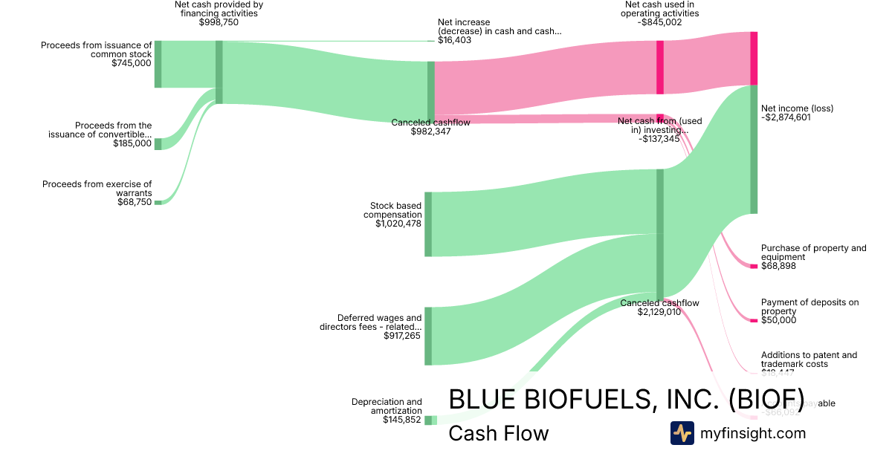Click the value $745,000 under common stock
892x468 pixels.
tap(132, 63)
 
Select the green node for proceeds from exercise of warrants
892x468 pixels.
tap(158, 202)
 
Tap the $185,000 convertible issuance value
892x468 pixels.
tap(132, 143)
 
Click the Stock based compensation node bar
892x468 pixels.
tap(428, 224)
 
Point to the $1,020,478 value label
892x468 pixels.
tap(398, 224)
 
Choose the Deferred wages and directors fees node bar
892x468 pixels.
tap(428, 336)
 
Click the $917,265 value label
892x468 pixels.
tap(402, 336)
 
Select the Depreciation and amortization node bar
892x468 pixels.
tap(428, 420)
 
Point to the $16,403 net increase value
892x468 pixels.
tap(454, 40)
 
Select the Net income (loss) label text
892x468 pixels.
tap(797, 108)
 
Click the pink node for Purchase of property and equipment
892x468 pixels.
tap(754, 266)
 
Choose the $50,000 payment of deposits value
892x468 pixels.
tap(778, 320)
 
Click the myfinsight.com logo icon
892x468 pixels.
tap(682, 433)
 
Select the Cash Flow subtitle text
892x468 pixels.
tap(498, 433)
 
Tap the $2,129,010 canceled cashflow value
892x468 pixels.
tap(659, 312)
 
